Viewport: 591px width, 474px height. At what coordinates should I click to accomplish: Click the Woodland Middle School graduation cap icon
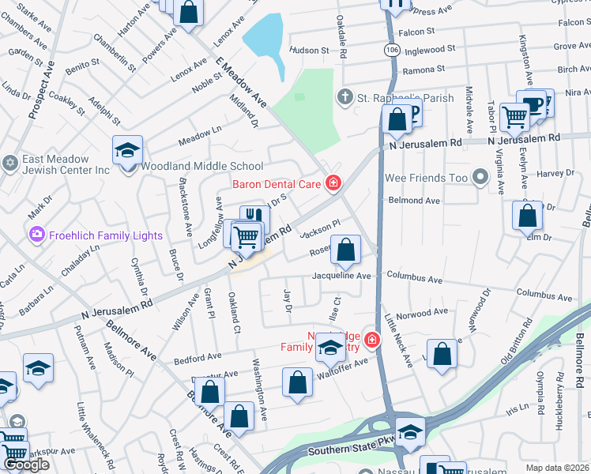click(127, 150)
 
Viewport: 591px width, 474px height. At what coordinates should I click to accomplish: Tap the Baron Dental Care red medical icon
click(333, 184)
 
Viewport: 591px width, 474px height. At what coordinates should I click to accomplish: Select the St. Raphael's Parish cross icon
click(344, 98)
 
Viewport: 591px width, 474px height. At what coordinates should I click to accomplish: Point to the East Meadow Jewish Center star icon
click(10, 164)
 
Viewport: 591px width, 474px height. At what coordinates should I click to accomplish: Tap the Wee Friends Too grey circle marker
click(480, 177)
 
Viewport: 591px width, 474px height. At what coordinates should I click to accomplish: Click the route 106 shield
click(392, 50)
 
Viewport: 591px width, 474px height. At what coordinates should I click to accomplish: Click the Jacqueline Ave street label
click(341, 276)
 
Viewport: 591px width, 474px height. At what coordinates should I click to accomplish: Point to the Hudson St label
click(309, 50)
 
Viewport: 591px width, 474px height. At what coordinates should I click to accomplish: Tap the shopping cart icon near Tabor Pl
click(514, 117)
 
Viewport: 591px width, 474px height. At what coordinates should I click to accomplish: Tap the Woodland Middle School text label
click(201, 167)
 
